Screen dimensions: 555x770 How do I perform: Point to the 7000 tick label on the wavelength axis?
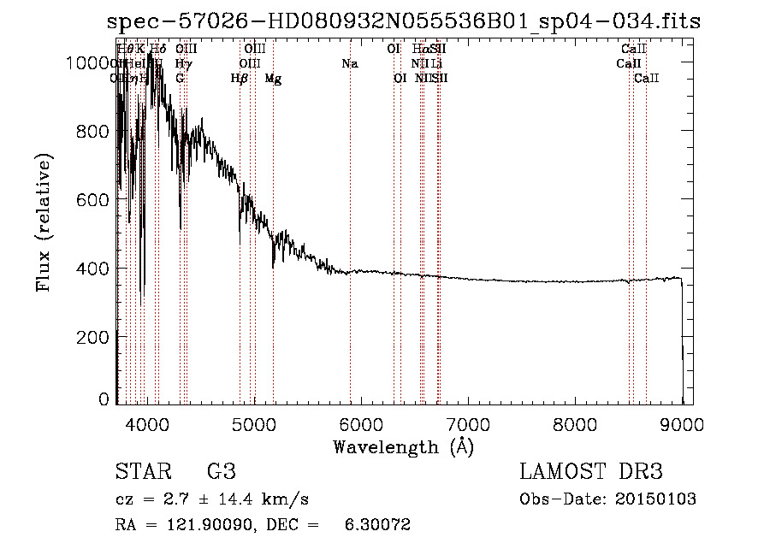click(x=467, y=423)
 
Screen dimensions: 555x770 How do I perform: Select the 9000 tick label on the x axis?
click(x=682, y=423)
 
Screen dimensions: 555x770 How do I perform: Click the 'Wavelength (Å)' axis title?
click(x=403, y=446)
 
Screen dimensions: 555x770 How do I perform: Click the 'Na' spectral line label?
click(x=349, y=64)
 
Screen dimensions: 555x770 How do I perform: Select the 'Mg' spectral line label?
click(x=273, y=79)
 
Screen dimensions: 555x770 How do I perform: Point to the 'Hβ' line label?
click(x=240, y=79)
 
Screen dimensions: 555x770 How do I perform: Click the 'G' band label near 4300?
click(x=180, y=79)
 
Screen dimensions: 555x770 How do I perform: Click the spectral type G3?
click(x=221, y=472)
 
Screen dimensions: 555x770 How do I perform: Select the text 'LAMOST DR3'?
click(x=591, y=472)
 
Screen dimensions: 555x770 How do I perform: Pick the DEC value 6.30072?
click(x=376, y=525)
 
